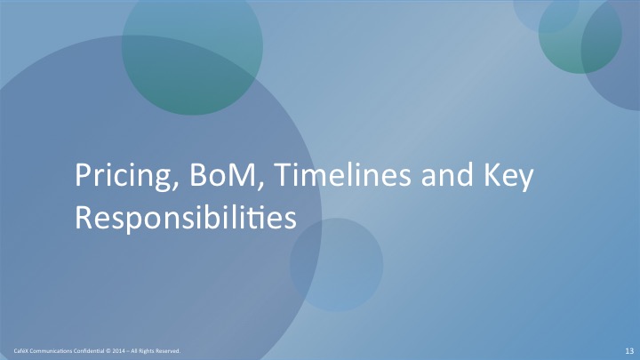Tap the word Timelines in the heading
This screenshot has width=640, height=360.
click(342, 174)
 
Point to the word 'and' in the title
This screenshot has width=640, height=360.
click(447, 174)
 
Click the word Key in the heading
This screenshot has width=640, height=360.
click(508, 176)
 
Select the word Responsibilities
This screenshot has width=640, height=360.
click(186, 218)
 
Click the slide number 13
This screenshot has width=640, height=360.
click(629, 351)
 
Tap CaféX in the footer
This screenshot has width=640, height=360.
click(20, 351)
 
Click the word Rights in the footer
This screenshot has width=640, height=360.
click(146, 351)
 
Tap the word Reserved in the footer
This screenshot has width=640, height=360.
click(168, 351)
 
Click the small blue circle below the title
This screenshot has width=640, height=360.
click(336, 265)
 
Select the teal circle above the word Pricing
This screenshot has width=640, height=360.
click(192, 45)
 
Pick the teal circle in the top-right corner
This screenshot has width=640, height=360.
click(580, 33)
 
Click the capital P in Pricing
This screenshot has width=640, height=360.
click(83, 175)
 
